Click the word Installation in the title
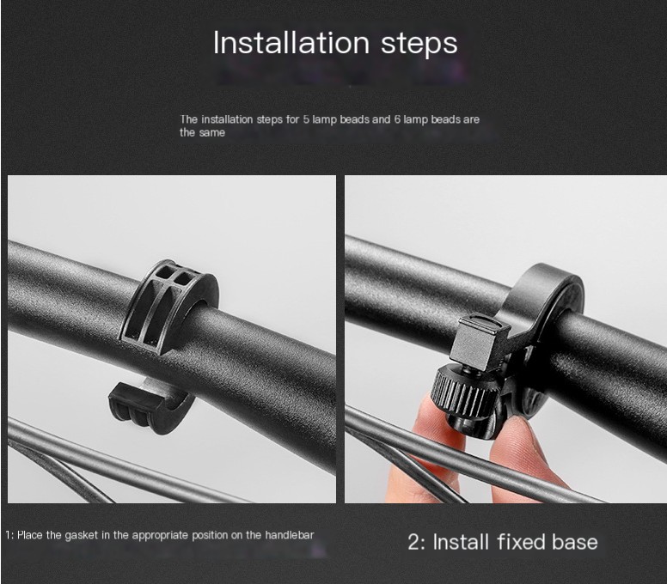[291, 42]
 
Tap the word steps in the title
[419, 44]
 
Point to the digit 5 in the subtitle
[306, 119]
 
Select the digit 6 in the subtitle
[397, 119]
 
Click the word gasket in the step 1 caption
[82, 535]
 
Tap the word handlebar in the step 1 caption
[290, 535]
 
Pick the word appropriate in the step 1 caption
[161, 536]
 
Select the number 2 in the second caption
[413, 542]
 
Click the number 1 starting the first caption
[8, 535]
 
